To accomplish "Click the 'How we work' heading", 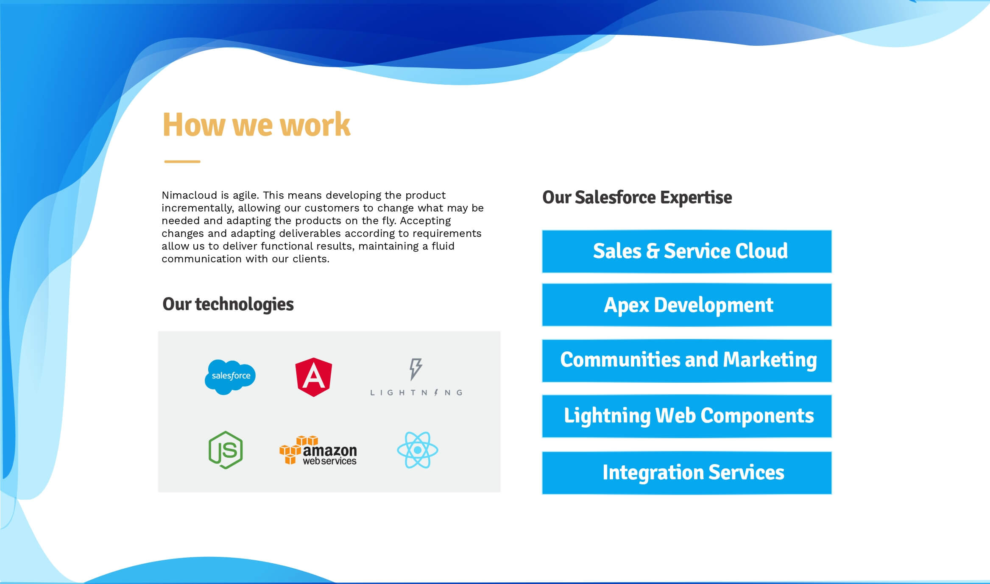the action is [257, 124].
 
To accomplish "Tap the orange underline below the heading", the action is [182, 161].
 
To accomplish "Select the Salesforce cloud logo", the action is [230, 377].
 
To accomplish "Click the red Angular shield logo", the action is [314, 377].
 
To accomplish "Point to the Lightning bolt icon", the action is [416, 369].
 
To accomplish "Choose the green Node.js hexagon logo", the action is [226, 450].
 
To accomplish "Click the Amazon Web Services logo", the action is [318, 450].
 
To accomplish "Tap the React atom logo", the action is [418, 450].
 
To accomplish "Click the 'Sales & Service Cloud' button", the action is [687, 251].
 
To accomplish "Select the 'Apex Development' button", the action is [687, 305].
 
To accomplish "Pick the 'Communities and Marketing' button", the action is [687, 361].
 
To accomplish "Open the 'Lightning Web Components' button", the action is [687, 416].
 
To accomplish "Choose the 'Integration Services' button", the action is [687, 473].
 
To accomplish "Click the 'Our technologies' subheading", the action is [228, 304].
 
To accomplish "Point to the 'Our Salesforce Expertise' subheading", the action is [637, 197].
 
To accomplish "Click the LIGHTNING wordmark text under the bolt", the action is [416, 393].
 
